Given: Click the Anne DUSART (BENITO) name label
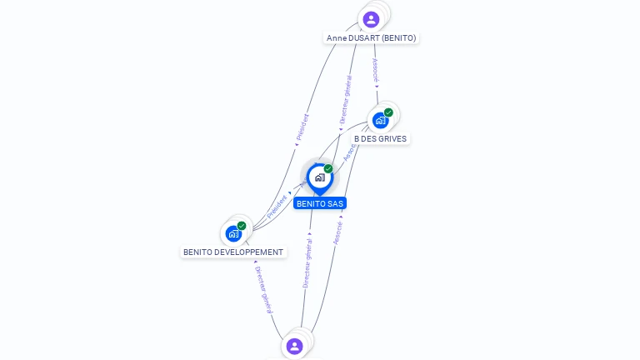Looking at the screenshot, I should [x=371, y=37].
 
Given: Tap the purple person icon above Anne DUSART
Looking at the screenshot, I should [x=372, y=19].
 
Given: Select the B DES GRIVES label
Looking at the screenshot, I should [x=380, y=138].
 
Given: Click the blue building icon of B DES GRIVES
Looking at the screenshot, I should [x=380, y=121].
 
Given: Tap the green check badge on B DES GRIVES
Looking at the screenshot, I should [x=388, y=112].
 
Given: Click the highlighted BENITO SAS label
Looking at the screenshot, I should [x=319, y=203].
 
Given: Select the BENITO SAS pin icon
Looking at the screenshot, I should [x=319, y=177].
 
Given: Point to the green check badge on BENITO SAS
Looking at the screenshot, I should [x=328, y=169].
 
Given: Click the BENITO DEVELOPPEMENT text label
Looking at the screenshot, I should [x=233, y=252].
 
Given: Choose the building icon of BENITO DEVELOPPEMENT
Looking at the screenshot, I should [x=233, y=233].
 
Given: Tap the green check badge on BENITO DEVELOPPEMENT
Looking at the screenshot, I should [x=242, y=226].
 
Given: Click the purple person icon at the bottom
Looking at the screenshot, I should [x=294, y=346].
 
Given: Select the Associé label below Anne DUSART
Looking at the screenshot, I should [x=376, y=69].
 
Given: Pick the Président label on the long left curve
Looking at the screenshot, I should [x=302, y=127].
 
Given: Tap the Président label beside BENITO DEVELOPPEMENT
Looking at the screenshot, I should [x=277, y=206].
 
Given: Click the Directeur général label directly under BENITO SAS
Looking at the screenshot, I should [x=307, y=263].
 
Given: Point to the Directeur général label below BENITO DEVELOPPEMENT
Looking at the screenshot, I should [x=262, y=289].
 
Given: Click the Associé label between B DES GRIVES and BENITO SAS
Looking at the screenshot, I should [x=350, y=151].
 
